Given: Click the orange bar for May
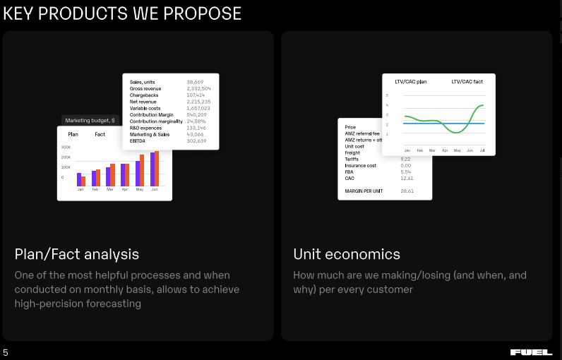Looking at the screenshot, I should click(142, 169).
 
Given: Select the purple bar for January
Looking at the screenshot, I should click(79, 179).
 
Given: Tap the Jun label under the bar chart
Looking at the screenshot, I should click(155, 190).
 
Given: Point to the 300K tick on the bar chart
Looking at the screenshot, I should click(66, 147).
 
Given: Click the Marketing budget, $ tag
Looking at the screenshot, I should click(90, 121).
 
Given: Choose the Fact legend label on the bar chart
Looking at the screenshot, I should click(100, 134).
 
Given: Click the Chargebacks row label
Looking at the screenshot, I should click(144, 95).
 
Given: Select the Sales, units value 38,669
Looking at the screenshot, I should click(195, 82).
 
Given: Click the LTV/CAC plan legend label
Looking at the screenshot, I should click(410, 82).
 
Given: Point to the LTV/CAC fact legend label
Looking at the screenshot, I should click(467, 82).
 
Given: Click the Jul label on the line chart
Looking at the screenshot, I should click(482, 150).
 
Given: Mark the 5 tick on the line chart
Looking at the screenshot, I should click(387, 95).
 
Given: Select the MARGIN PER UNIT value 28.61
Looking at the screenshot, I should click(407, 191).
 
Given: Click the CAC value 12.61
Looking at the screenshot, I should click(407, 178).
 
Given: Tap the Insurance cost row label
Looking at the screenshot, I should click(360, 165).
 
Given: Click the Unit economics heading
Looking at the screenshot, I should click(347, 254).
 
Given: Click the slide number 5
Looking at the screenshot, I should click(6, 352).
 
